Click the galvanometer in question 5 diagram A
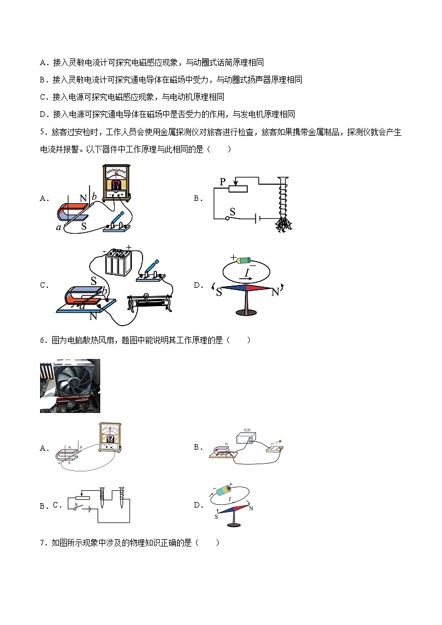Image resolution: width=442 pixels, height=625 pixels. click(116, 182)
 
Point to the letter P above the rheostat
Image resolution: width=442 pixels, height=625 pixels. click(223, 183)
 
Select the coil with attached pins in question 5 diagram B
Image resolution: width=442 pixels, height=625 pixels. click(283, 204)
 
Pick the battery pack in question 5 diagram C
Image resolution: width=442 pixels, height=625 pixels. click(118, 262)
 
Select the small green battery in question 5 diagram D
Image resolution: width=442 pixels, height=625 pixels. click(244, 260)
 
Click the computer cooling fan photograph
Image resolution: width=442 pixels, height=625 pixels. click(70, 386)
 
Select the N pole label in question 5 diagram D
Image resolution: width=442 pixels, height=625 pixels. click(275, 292)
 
